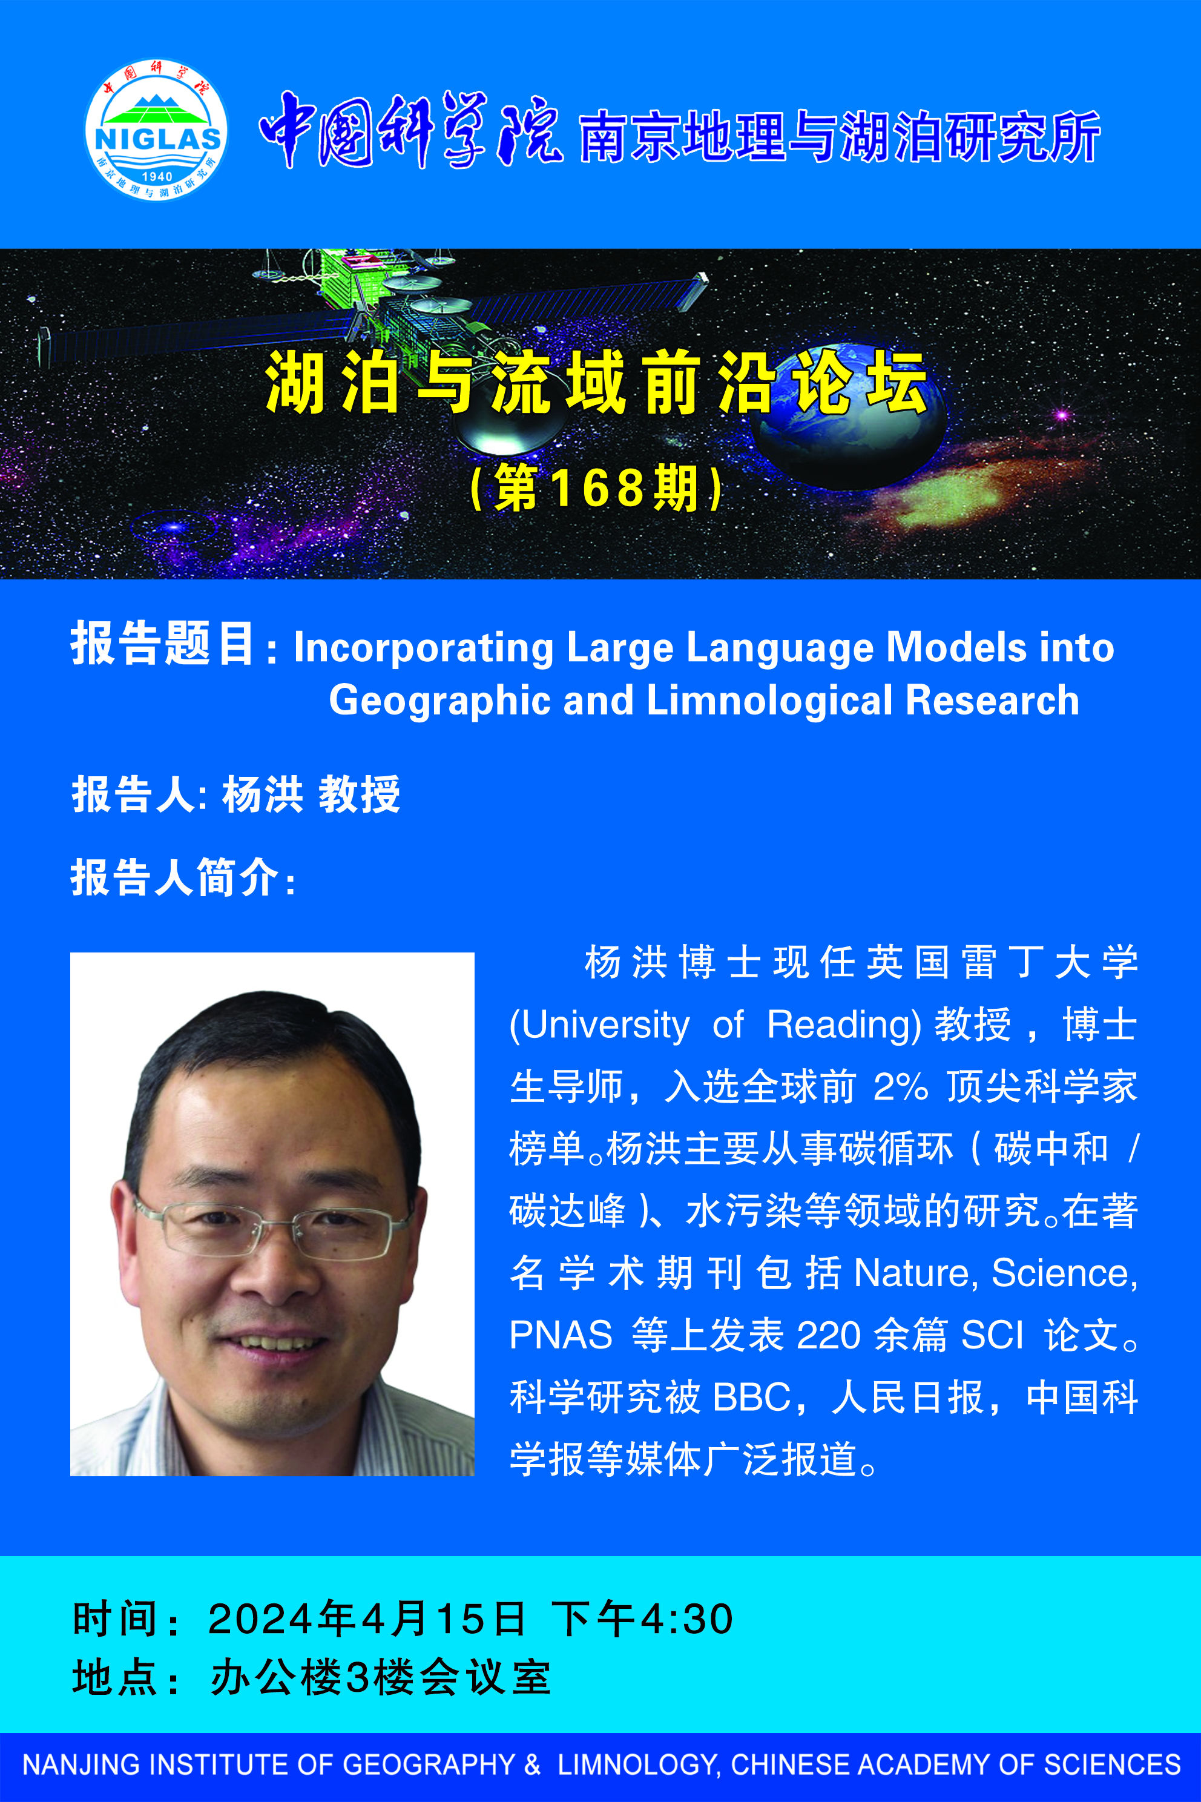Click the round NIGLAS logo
click(156, 130)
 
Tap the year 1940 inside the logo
click(157, 177)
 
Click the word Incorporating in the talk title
click(424, 648)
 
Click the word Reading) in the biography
click(844, 1025)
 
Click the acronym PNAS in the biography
click(561, 1335)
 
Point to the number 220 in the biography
click(829, 1335)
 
